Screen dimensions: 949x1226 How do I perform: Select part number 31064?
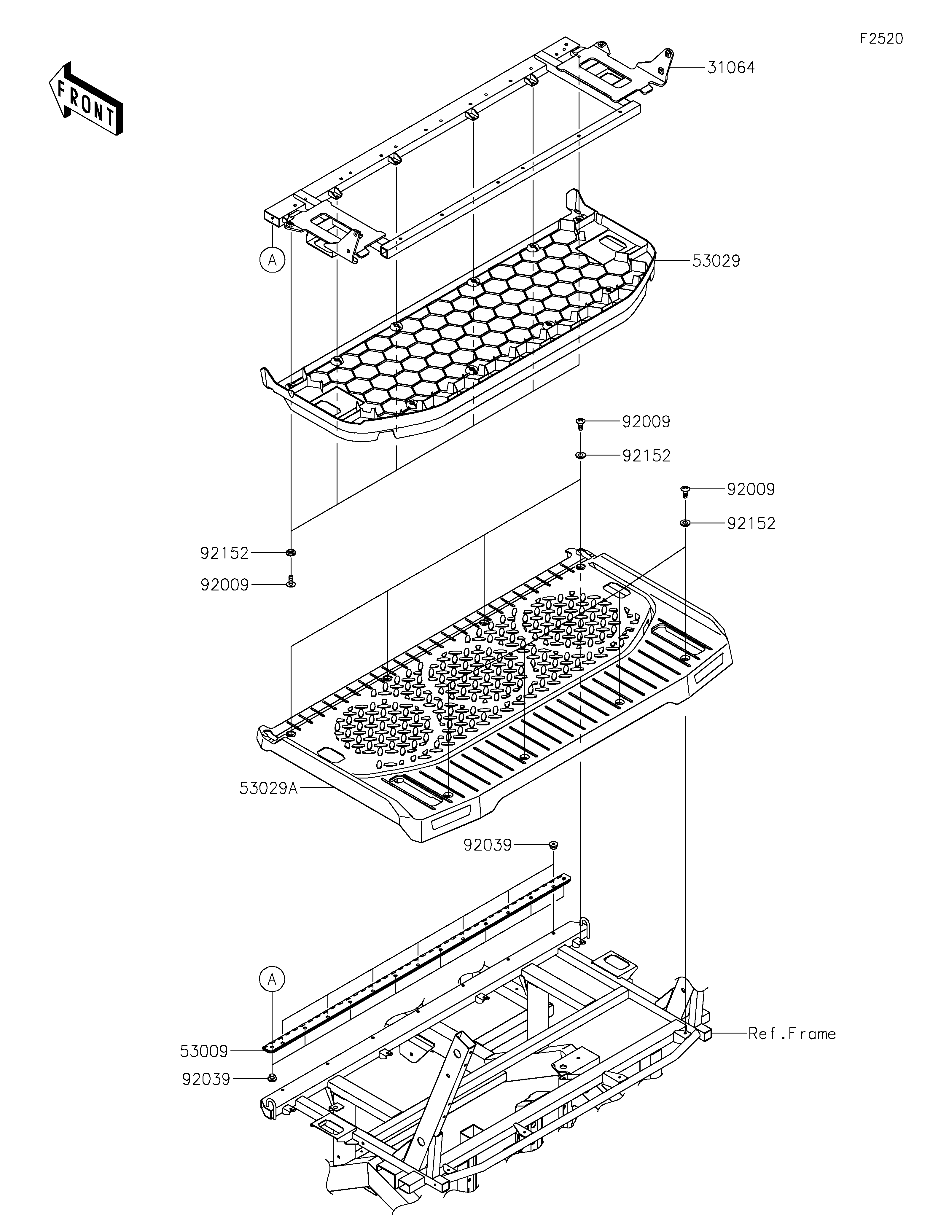click(x=731, y=68)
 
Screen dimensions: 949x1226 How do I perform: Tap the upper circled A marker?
click(x=272, y=260)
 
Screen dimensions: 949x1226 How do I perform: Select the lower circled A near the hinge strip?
click(x=272, y=980)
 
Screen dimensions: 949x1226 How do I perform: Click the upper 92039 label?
click(x=488, y=860)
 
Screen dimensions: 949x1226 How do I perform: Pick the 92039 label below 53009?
click(x=206, y=1079)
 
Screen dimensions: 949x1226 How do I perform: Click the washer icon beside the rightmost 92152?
click(x=685, y=523)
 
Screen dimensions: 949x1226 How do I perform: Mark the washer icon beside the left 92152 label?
click(x=291, y=553)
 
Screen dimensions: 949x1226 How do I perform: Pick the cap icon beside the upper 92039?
click(x=553, y=860)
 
